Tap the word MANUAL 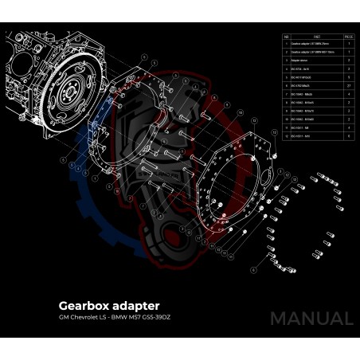click(x=311, y=318)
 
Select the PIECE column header click(x=348, y=36)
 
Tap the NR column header click(x=287, y=36)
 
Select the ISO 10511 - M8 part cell click(x=303, y=127)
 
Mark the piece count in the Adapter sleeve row click(x=348, y=60)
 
